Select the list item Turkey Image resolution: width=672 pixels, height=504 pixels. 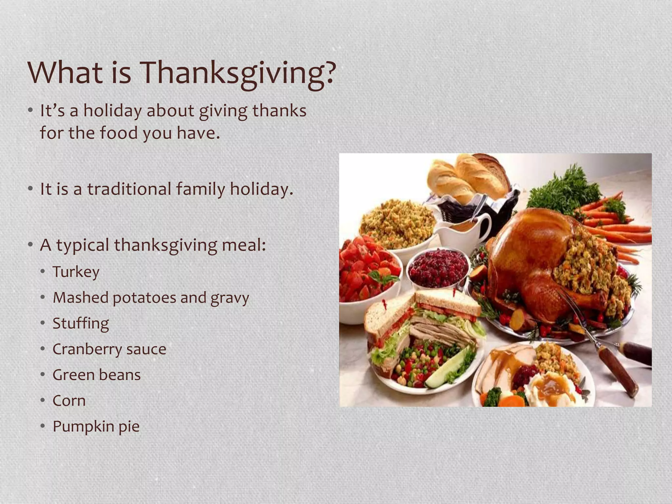click(76, 272)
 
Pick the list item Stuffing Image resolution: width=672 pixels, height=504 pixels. click(81, 324)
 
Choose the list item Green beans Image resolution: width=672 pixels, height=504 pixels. click(96, 375)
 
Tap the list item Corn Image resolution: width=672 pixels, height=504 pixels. click(69, 401)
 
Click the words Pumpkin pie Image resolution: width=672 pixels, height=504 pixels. click(96, 426)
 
